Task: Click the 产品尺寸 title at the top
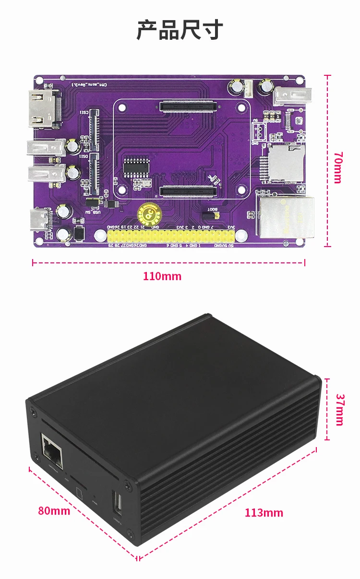[180, 30]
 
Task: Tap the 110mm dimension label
[162, 276]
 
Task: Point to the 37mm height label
[339, 410]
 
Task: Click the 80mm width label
[54, 510]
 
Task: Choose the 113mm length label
[264, 512]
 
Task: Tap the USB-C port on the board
[41, 220]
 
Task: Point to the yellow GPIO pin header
[171, 236]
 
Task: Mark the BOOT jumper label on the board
[212, 210]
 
